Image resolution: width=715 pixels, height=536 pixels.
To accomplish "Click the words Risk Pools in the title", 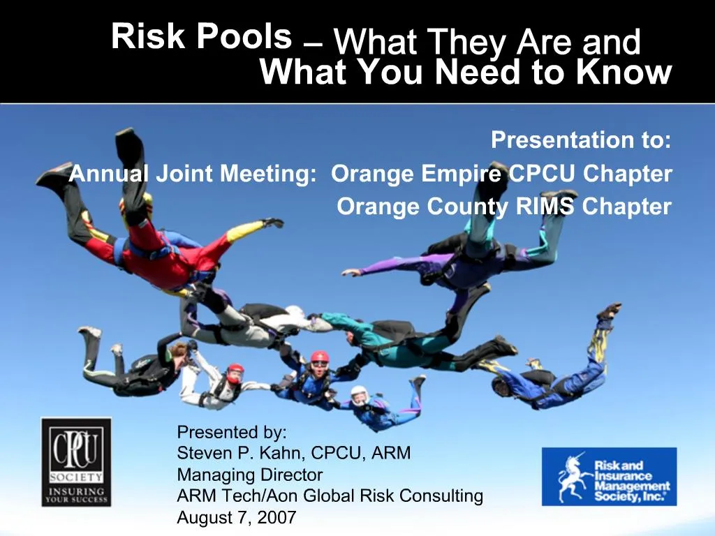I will click(201, 36).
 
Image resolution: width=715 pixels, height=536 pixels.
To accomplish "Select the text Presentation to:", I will click(581, 140).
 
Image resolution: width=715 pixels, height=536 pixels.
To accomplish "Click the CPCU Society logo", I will click(76, 461).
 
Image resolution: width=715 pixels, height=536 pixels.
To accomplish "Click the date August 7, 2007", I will click(237, 517).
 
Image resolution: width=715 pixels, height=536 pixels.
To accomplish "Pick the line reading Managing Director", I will click(250, 475).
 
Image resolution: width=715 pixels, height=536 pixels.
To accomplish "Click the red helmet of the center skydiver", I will click(320, 358).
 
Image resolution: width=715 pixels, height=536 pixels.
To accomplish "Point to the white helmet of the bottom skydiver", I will click(359, 394).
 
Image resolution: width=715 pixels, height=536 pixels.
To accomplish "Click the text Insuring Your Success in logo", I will click(76, 495).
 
